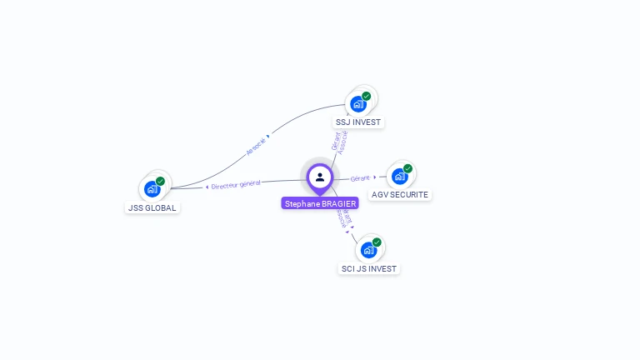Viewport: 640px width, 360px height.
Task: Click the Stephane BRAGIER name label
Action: tap(320, 203)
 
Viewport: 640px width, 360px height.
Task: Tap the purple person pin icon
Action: tap(320, 177)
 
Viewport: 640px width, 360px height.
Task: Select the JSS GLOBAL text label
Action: tap(152, 207)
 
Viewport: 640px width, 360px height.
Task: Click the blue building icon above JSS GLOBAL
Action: tap(152, 189)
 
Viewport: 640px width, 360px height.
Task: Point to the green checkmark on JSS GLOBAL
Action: tap(160, 181)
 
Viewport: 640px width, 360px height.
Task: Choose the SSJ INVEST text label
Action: tap(358, 122)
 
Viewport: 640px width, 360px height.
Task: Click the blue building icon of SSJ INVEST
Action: tap(357, 104)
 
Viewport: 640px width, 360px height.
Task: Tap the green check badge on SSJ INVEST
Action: tap(366, 96)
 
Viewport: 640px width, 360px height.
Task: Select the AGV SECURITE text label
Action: tap(400, 194)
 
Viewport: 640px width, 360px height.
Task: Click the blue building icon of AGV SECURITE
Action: tap(399, 177)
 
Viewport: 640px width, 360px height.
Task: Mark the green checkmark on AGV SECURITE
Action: tap(407, 168)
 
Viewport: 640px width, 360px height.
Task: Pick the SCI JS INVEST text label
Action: tap(369, 268)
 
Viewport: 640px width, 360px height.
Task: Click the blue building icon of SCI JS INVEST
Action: tap(368, 250)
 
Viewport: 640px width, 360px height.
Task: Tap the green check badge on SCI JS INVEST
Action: tap(377, 242)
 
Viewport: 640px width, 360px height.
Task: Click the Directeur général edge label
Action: tap(236, 184)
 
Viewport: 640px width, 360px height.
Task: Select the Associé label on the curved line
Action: tap(257, 147)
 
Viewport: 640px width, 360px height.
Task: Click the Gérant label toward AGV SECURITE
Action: tap(360, 177)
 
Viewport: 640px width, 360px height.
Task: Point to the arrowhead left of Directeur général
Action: tap(207, 187)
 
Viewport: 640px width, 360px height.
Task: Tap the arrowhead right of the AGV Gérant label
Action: tap(374, 177)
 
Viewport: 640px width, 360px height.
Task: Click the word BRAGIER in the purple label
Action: tap(338, 203)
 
